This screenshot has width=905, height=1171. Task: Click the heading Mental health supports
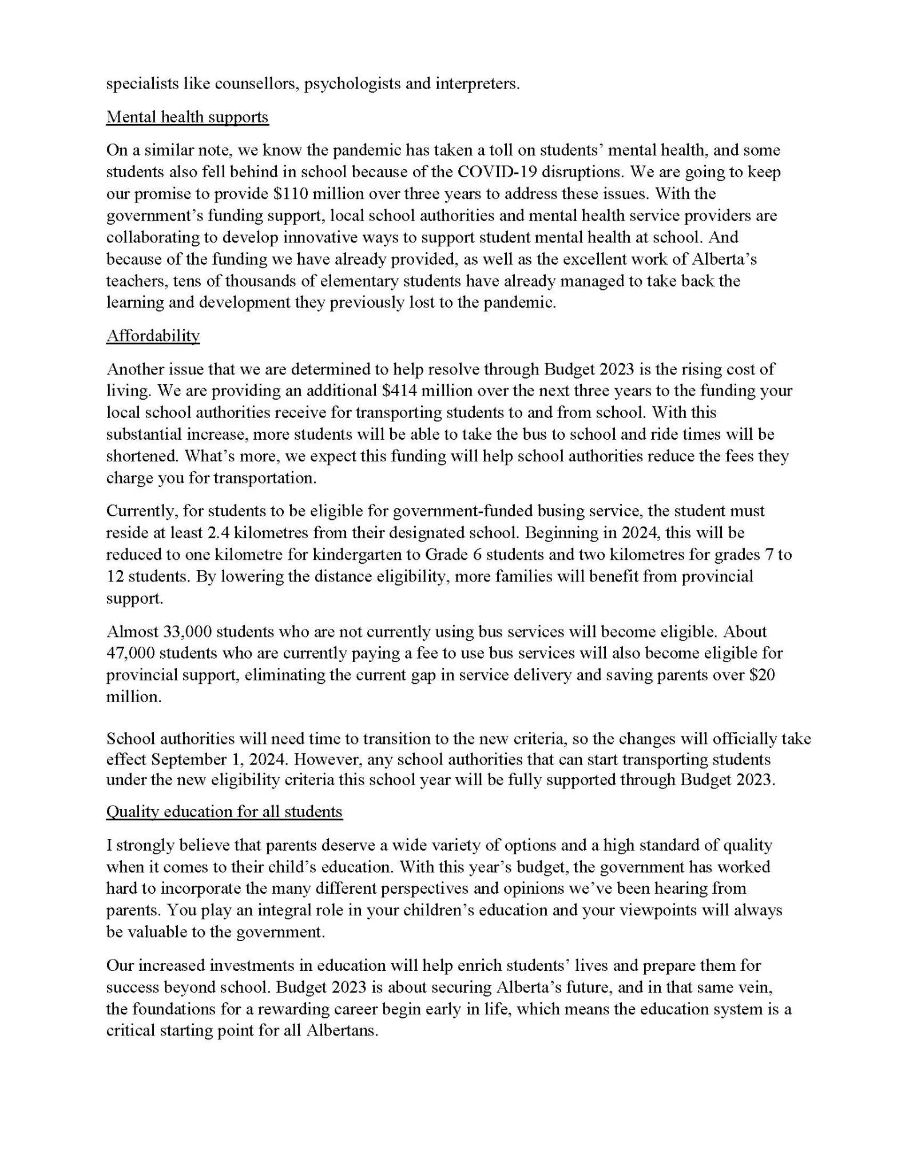[x=187, y=117]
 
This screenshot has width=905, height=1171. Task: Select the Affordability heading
[x=153, y=336]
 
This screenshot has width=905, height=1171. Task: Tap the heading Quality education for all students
[x=224, y=812]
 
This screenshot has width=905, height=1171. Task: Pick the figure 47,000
[x=130, y=654]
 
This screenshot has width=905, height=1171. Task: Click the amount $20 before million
[x=762, y=675]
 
